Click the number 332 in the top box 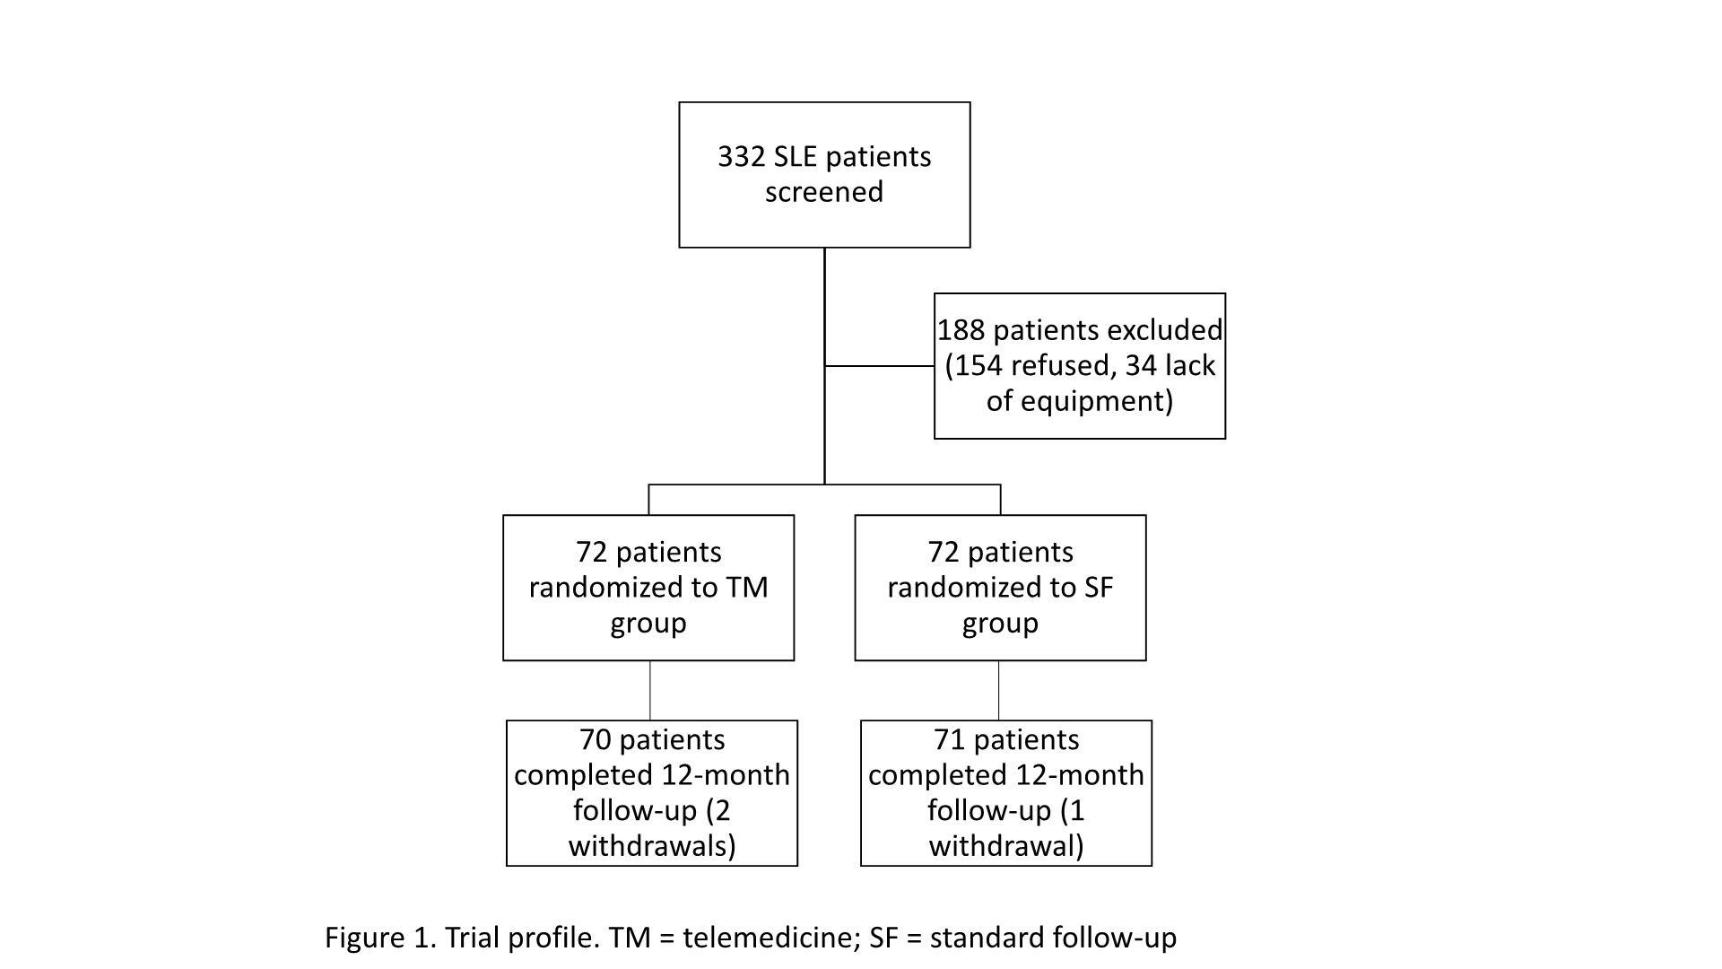click(x=742, y=157)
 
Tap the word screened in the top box click(x=824, y=192)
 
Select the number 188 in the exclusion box click(x=961, y=330)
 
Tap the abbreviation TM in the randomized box click(x=748, y=588)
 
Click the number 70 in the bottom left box click(x=596, y=740)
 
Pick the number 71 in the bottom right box click(x=950, y=740)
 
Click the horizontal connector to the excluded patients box click(x=879, y=366)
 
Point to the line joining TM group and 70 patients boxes click(x=649, y=691)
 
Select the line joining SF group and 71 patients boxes click(x=998, y=691)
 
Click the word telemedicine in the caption click(x=767, y=938)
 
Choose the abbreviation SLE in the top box click(x=800, y=157)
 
